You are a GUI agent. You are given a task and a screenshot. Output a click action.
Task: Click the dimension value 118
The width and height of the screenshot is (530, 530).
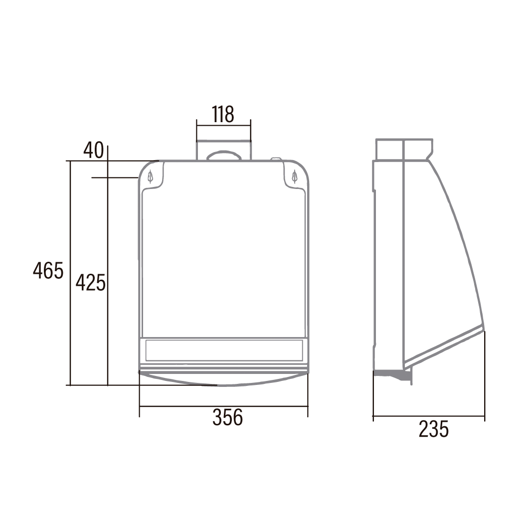pyautogui.click(x=223, y=114)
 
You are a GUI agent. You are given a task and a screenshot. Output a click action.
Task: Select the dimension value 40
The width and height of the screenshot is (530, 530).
pyautogui.click(x=93, y=150)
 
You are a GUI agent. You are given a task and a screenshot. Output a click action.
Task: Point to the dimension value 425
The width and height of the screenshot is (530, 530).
pyautogui.click(x=90, y=283)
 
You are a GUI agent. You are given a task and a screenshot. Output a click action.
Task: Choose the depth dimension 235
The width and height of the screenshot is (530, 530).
pyautogui.click(x=433, y=429)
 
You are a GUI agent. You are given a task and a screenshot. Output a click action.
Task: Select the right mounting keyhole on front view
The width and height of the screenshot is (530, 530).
pyautogui.click(x=295, y=176)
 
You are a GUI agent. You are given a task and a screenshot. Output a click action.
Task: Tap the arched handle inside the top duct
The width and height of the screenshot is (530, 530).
pyautogui.click(x=223, y=155)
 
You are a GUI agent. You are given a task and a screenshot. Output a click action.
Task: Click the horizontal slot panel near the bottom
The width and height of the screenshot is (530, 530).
pyautogui.click(x=223, y=350)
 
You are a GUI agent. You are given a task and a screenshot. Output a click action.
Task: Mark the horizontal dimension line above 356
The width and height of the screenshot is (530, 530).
pyautogui.click(x=223, y=406)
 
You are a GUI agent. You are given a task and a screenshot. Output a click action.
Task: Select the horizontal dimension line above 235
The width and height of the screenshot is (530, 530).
pyautogui.click(x=429, y=416)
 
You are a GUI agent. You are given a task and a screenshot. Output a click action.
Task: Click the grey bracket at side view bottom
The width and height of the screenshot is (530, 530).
pyautogui.click(x=394, y=374)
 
